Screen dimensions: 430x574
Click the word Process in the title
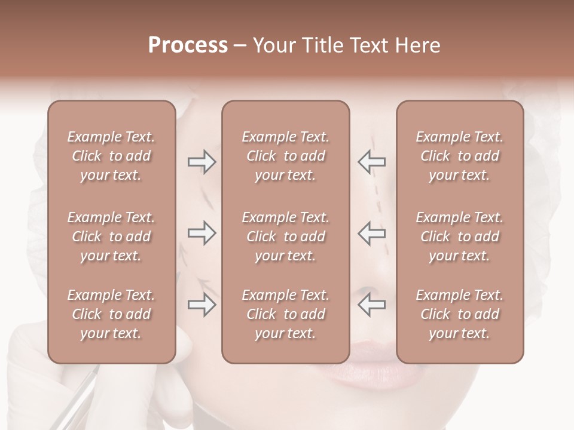pyautogui.click(x=188, y=45)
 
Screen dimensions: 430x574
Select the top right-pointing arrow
pyautogui.click(x=201, y=162)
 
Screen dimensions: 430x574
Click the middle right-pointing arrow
pyautogui.click(x=201, y=233)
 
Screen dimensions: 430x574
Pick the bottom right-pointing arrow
pyautogui.click(x=201, y=305)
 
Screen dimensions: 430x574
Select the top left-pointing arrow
pyautogui.click(x=371, y=162)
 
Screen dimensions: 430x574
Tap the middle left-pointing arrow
pyautogui.click(x=371, y=233)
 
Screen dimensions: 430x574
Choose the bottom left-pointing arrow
pyautogui.click(x=371, y=305)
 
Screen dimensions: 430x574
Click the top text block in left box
pyautogui.click(x=111, y=156)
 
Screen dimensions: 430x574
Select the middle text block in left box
pyautogui.click(x=111, y=236)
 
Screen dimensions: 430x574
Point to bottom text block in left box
pyautogui.click(x=111, y=314)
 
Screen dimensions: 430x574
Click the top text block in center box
pyautogui.click(x=285, y=156)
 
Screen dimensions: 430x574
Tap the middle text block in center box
pyautogui.click(x=285, y=236)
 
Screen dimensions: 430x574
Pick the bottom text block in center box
pyautogui.click(x=285, y=314)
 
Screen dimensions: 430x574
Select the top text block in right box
pyautogui.click(x=460, y=156)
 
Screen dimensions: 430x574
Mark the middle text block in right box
pyautogui.click(x=460, y=236)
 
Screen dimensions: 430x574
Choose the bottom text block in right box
pyautogui.click(x=460, y=314)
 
